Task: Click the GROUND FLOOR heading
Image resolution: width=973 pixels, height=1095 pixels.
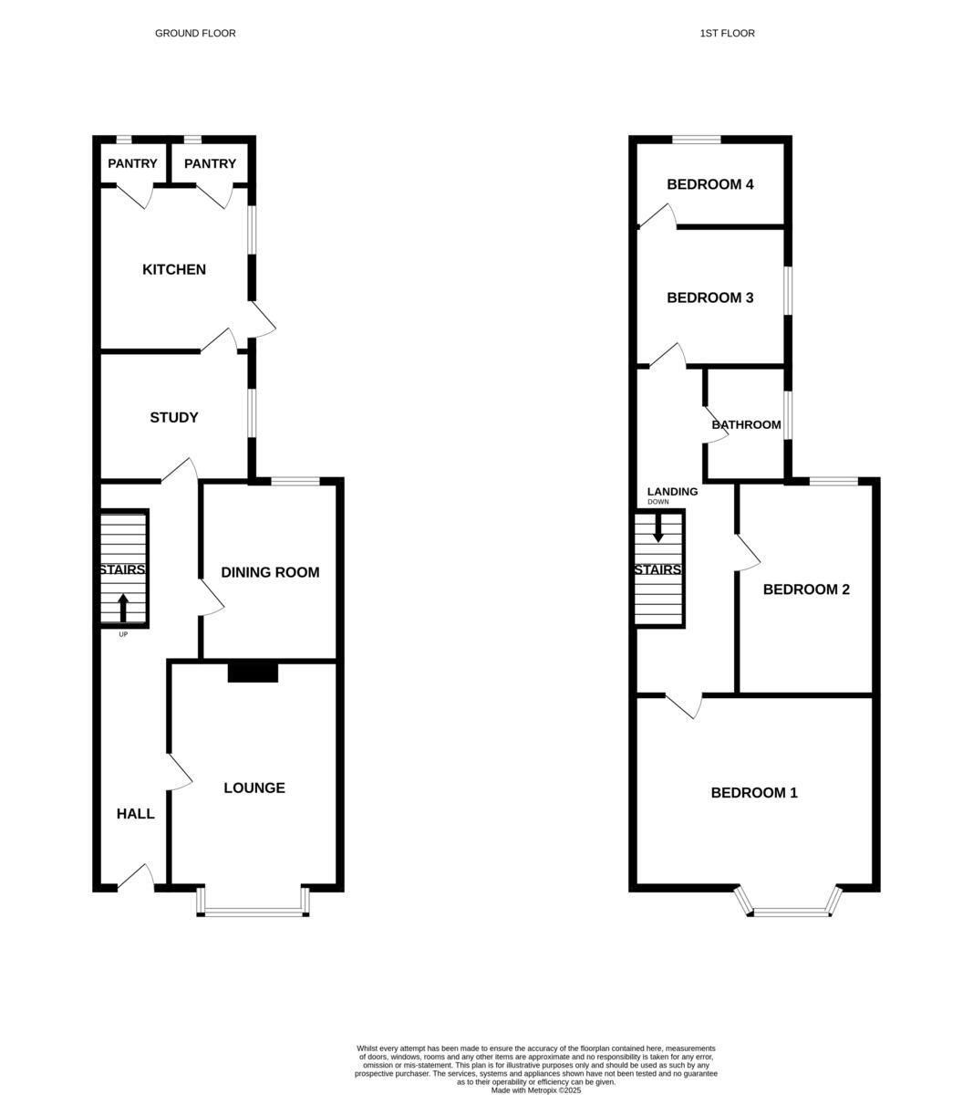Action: tap(195, 34)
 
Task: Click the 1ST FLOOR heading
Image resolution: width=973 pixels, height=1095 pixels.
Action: tap(727, 34)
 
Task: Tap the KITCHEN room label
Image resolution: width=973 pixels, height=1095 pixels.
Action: tap(174, 269)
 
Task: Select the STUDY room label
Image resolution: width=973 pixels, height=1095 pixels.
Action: tap(174, 417)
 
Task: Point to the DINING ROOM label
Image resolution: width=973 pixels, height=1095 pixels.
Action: tap(270, 572)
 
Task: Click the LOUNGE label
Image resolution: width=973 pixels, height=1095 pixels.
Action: tap(254, 787)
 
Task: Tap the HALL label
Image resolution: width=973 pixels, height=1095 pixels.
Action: tap(135, 814)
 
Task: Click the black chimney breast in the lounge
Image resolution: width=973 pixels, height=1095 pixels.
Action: tap(253, 672)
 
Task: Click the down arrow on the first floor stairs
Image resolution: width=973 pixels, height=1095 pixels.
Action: tap(658, 528)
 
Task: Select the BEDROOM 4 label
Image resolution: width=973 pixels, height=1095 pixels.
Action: tap(710, 184)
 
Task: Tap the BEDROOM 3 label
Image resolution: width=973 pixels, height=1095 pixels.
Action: tap(710, 297)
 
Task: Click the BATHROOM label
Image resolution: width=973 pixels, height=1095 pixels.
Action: tap(746, 424)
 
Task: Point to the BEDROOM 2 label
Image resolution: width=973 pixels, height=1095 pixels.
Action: tap(806, 589)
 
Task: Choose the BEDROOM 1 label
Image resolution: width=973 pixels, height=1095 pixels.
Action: tap(754, 793)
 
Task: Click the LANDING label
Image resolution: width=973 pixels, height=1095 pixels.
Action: tap(672, 492)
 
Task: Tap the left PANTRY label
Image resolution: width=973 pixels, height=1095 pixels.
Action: tap(132, 164)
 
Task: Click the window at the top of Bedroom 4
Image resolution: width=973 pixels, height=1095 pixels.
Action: tap(697, 140)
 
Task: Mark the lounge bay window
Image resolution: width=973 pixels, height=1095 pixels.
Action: tap(254, 910)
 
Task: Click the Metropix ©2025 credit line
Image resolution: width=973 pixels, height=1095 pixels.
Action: tap(536, 1090)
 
